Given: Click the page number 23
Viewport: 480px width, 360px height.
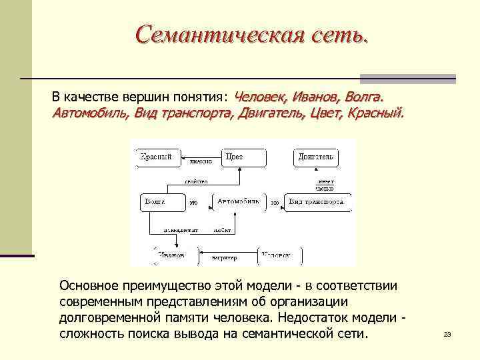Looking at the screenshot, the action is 447,334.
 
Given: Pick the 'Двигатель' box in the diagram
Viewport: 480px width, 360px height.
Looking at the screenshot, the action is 315,157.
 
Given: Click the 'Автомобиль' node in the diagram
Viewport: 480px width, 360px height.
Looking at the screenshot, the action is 239,201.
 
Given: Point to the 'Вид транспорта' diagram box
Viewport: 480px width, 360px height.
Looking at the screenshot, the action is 315,201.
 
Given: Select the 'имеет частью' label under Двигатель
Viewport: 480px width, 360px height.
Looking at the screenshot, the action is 325,185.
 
